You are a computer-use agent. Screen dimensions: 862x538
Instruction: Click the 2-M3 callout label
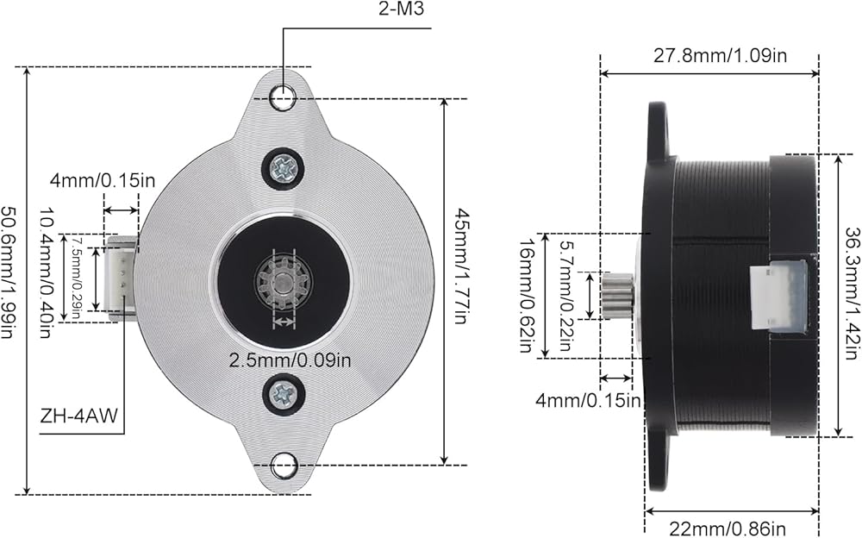[x=401, y=9]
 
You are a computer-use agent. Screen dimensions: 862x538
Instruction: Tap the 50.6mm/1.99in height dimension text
[x=7, y=272]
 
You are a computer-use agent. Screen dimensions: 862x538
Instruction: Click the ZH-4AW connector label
[x=79, y=416]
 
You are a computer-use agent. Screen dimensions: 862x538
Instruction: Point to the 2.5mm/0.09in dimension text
[x=290, y=360]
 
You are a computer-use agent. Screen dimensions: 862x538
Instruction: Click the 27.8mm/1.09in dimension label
[x=720, y=55]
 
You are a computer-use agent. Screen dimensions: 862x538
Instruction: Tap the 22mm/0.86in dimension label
[x=728, y=529]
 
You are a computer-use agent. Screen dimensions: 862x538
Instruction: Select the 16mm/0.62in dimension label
[x=528, y=296]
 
